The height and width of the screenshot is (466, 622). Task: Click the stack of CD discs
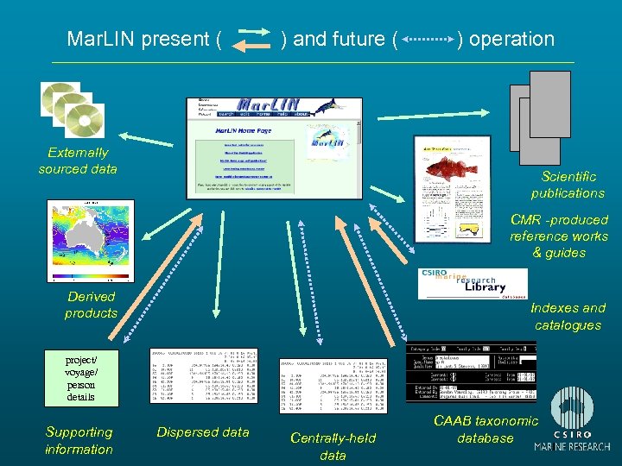(x=73, y=109)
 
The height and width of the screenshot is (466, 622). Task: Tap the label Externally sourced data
(x=78, y=161)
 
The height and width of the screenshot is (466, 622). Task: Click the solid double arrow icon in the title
(x=253, y=40)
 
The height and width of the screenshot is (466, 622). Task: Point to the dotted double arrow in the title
(x=428, y=40)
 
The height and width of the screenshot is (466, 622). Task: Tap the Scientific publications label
(x=568, y=185)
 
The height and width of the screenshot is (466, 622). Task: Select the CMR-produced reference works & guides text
(x=559, y=236)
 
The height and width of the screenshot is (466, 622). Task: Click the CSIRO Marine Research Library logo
(x=472, y=283)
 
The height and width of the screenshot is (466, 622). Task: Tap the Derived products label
(x=91, y=305)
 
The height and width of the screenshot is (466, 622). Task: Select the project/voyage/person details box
(x=79, y=378)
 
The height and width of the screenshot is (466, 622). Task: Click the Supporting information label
(x=79, y=440)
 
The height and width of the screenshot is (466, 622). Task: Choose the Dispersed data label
(x=203, y=432)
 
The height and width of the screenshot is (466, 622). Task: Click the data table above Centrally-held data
(x=333, y=385)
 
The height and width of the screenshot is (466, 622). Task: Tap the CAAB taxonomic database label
(x=485, y=429)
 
